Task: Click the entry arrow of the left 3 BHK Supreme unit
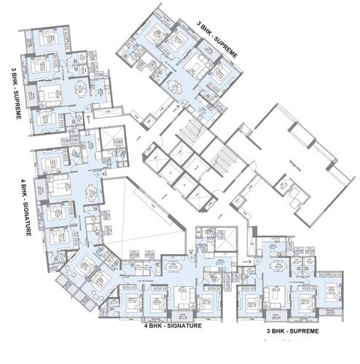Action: (x=88, y=116)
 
